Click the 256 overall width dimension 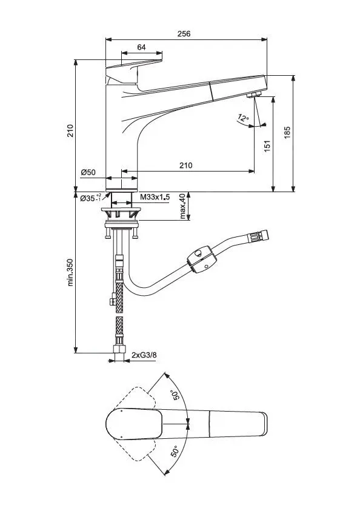pos(184,34)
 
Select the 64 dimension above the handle pos(141,47)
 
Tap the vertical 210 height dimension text pos(70,131)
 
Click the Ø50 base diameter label pos(88,173)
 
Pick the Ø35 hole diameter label pos(90,198)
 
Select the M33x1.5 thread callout pos(155,198)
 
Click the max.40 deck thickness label pos(182,207)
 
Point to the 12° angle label pos(243,118)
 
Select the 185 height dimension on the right pos(287,133)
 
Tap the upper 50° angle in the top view pos(177,395)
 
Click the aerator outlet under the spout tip pos(253,95)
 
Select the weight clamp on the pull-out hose pos(201,257)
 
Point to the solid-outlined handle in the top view pos(134,422)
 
